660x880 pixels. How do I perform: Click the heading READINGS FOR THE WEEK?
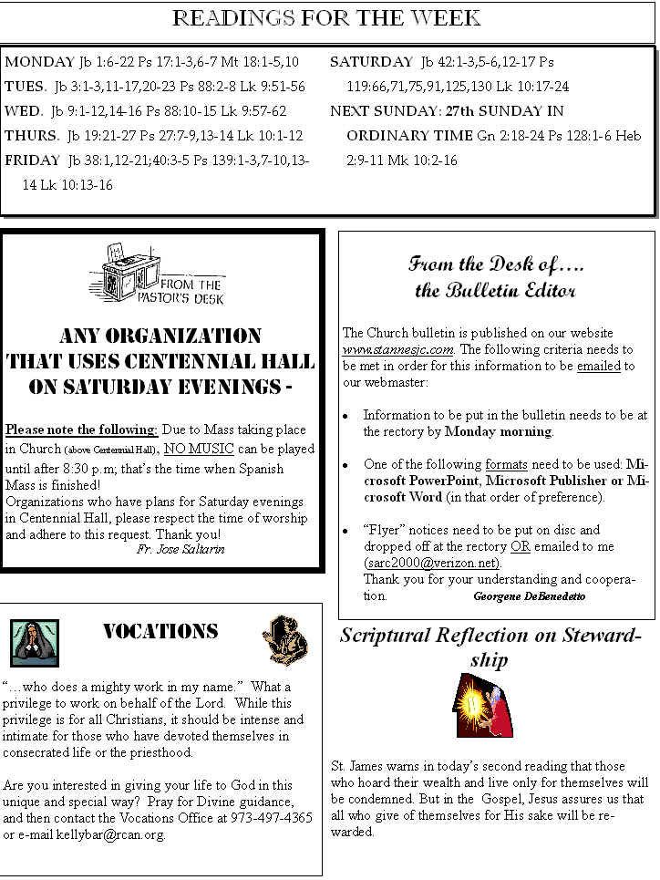[x=327, y=19]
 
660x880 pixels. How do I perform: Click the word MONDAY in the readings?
[x=39, y=62]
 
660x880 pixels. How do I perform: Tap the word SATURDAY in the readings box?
[x=371, y=62]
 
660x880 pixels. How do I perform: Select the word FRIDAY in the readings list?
[x=33, y=160]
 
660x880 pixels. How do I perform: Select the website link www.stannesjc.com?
[x=398, y=349]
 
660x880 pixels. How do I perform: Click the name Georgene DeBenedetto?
[x=530, y=595]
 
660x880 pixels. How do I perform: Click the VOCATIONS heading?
[x=160, y=631]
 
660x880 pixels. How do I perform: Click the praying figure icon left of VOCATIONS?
[x=35, y=642]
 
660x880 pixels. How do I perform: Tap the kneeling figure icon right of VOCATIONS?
[x=285, y=639]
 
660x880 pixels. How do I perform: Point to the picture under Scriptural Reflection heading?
[x=483, y=705]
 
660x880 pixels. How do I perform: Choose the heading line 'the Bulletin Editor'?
[x=495, y=291]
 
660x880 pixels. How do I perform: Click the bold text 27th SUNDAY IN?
[x=506, y=110]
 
